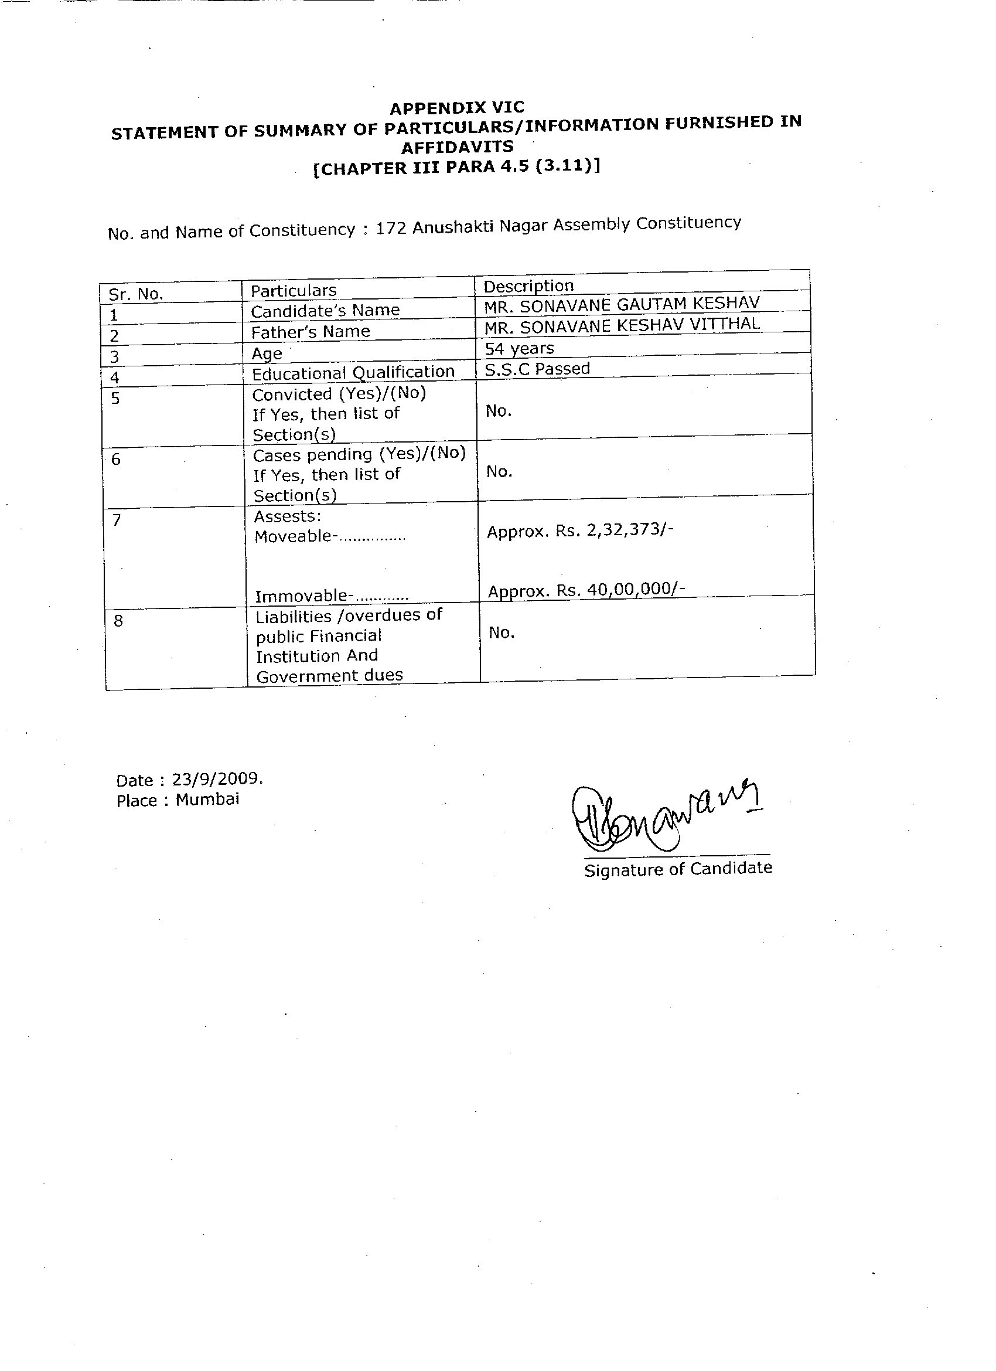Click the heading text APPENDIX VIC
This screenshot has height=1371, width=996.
457,108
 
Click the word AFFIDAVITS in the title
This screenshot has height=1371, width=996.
458,147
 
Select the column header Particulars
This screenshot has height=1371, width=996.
293,291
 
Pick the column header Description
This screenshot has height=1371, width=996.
528,286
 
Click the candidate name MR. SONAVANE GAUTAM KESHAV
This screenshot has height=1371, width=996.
621,304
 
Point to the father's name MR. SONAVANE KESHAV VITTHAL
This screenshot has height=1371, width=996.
621,325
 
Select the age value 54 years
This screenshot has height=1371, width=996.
519,348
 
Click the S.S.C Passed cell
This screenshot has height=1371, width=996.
537,369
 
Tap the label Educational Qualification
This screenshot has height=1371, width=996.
353,372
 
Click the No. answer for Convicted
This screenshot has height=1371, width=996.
499,411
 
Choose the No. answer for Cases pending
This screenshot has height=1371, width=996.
499,472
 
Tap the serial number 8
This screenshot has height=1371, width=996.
118,621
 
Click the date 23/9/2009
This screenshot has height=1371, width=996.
216,778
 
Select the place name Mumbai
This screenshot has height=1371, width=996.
207,799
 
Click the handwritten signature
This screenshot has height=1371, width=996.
665,816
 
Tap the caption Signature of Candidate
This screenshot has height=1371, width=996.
677,869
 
